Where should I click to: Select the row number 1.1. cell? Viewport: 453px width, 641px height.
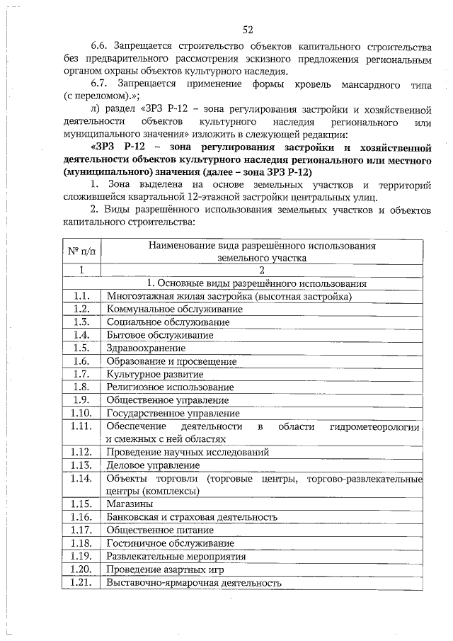[x=81, y=296]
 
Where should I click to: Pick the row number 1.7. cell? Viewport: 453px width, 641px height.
[x=81, y=374]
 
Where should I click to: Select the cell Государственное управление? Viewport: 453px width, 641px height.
[x=173, y=413]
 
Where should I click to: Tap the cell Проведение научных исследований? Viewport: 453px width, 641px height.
[x=188, y=452]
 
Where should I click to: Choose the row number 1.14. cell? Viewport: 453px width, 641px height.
[x=81, y=478]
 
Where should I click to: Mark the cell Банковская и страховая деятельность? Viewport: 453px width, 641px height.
[x=191, y=518]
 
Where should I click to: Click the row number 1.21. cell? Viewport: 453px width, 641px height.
[x=81, y=583]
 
